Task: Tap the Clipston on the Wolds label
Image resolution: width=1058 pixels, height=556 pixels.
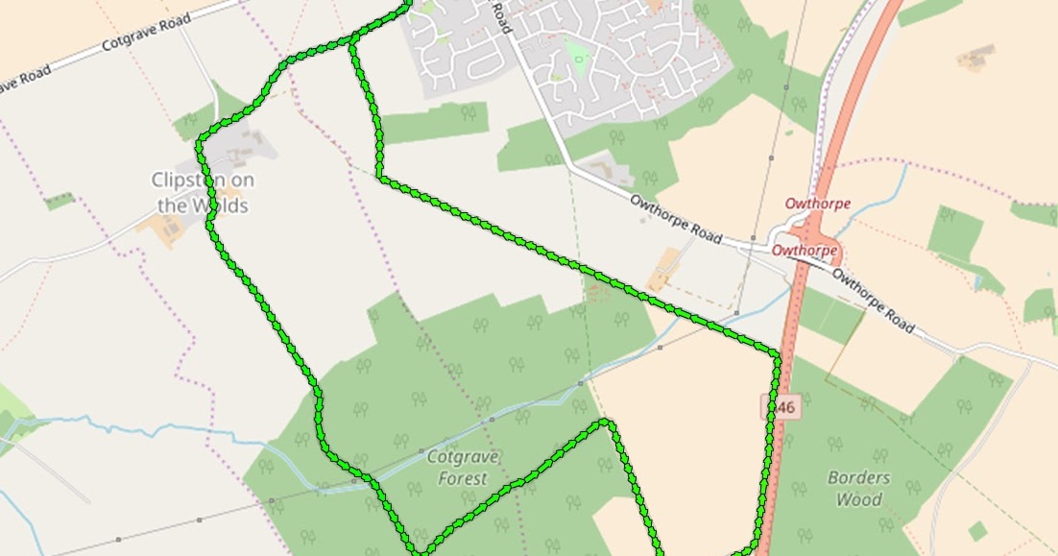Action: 203,192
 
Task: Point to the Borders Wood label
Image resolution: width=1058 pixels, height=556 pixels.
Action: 858,488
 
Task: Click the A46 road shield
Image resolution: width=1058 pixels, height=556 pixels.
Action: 781,407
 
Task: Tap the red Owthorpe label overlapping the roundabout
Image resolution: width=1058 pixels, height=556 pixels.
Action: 806,251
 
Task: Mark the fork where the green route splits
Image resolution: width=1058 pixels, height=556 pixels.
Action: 353,41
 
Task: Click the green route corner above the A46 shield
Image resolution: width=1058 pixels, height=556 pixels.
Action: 778,355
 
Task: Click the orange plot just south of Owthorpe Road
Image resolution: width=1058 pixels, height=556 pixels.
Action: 663,269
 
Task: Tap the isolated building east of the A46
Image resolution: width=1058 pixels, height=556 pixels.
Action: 975,60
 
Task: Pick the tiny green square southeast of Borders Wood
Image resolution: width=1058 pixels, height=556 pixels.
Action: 977,531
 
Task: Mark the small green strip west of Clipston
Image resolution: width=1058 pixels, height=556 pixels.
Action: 60,201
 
